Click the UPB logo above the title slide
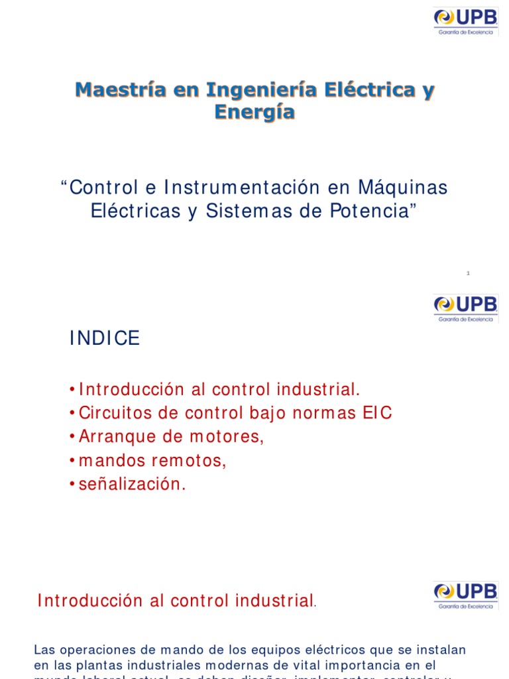tap(465, 21)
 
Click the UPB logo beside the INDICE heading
tap(465, 308)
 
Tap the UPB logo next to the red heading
tap(465, 595)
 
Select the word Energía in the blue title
tap(254, 113)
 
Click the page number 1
tap(468, 273)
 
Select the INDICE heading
tap(105, 339)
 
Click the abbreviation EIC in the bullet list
tap(377, 413)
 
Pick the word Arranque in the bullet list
tap(109, 437)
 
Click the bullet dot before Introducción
tap(72, 389)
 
